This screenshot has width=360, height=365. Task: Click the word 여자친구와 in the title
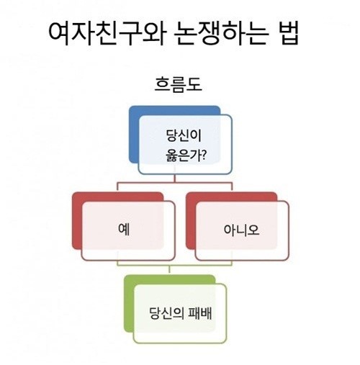[x=107, y=34]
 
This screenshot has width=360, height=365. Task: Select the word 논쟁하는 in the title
[x=220, y=34]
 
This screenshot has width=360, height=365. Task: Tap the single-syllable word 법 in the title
[x=287, y=34]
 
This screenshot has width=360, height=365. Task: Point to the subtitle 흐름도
[x=178, y=84]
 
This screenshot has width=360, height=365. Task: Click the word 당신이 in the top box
[x=184, y=135]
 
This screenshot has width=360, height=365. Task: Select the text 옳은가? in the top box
[x=186, y=156]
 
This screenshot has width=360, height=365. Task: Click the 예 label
[x=124, y=230]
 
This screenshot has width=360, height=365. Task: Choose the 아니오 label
[x=241, y=230]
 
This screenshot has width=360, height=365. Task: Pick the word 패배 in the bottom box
[x=200, y=313]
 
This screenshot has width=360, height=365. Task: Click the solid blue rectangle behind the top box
[x=135, y=135]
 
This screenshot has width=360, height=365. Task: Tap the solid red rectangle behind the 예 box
[x=77, y=221]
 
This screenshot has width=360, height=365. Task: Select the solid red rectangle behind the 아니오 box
[x=191, y=221]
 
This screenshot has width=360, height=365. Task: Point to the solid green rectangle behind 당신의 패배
[x=129, y=304]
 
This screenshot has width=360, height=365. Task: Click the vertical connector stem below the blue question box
[x=175, y=179]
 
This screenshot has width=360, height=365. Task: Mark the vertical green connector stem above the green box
[x=169, y=270]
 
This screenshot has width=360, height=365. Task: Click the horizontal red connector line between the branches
[x=175, y=183]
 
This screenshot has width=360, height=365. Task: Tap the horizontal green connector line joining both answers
[x=174, y=266]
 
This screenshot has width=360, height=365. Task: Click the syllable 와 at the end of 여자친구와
[x=154, y=34]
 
